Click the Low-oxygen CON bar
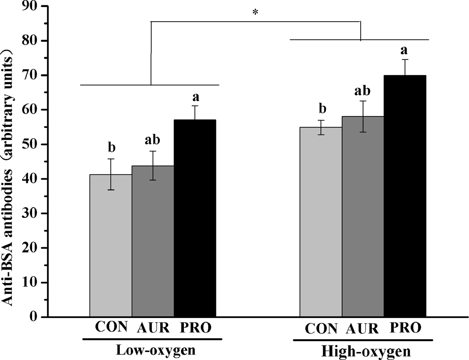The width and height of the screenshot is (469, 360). (111, 245)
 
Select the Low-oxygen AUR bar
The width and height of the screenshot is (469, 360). (153, 241)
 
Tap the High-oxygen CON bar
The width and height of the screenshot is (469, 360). (321, 222)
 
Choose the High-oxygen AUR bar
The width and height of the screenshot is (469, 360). (363, 217)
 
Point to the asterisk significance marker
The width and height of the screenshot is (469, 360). (255, 13)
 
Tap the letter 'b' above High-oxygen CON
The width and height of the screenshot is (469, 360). (321, 109)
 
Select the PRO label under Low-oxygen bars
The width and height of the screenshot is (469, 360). (196, 327)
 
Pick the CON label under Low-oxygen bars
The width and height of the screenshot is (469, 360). (112, 327)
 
